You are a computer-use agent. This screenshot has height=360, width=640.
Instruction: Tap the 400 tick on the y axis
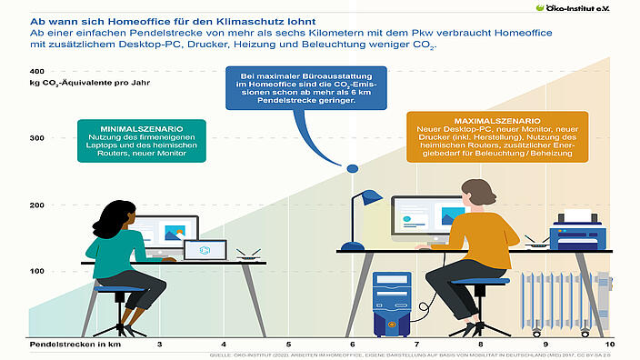[36, 71]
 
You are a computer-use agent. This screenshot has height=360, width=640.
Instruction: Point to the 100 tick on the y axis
[36, 272]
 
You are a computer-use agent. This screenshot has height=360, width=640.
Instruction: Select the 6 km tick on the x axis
[352, 345]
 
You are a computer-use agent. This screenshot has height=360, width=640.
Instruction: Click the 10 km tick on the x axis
[611, 345]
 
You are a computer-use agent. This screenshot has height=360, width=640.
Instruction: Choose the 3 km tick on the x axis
[160, 345]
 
